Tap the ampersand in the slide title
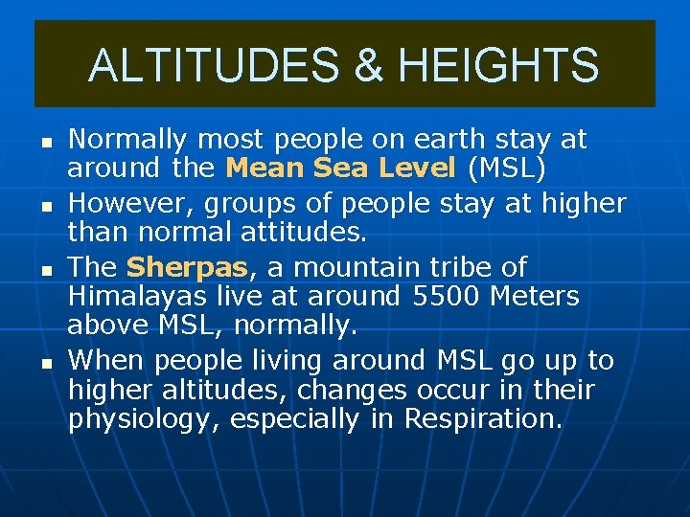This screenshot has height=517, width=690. [369, 66]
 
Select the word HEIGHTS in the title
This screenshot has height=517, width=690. [497, 66]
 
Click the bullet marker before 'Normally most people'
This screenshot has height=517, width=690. [45, 141]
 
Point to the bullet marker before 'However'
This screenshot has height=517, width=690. [45, 204]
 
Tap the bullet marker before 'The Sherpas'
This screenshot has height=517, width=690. [45, 268]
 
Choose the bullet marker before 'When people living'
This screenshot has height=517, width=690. [45, 362]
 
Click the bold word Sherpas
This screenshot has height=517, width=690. [185, 266]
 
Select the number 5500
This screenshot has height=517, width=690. [448, 297]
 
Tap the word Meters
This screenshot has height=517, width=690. [534, 297]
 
